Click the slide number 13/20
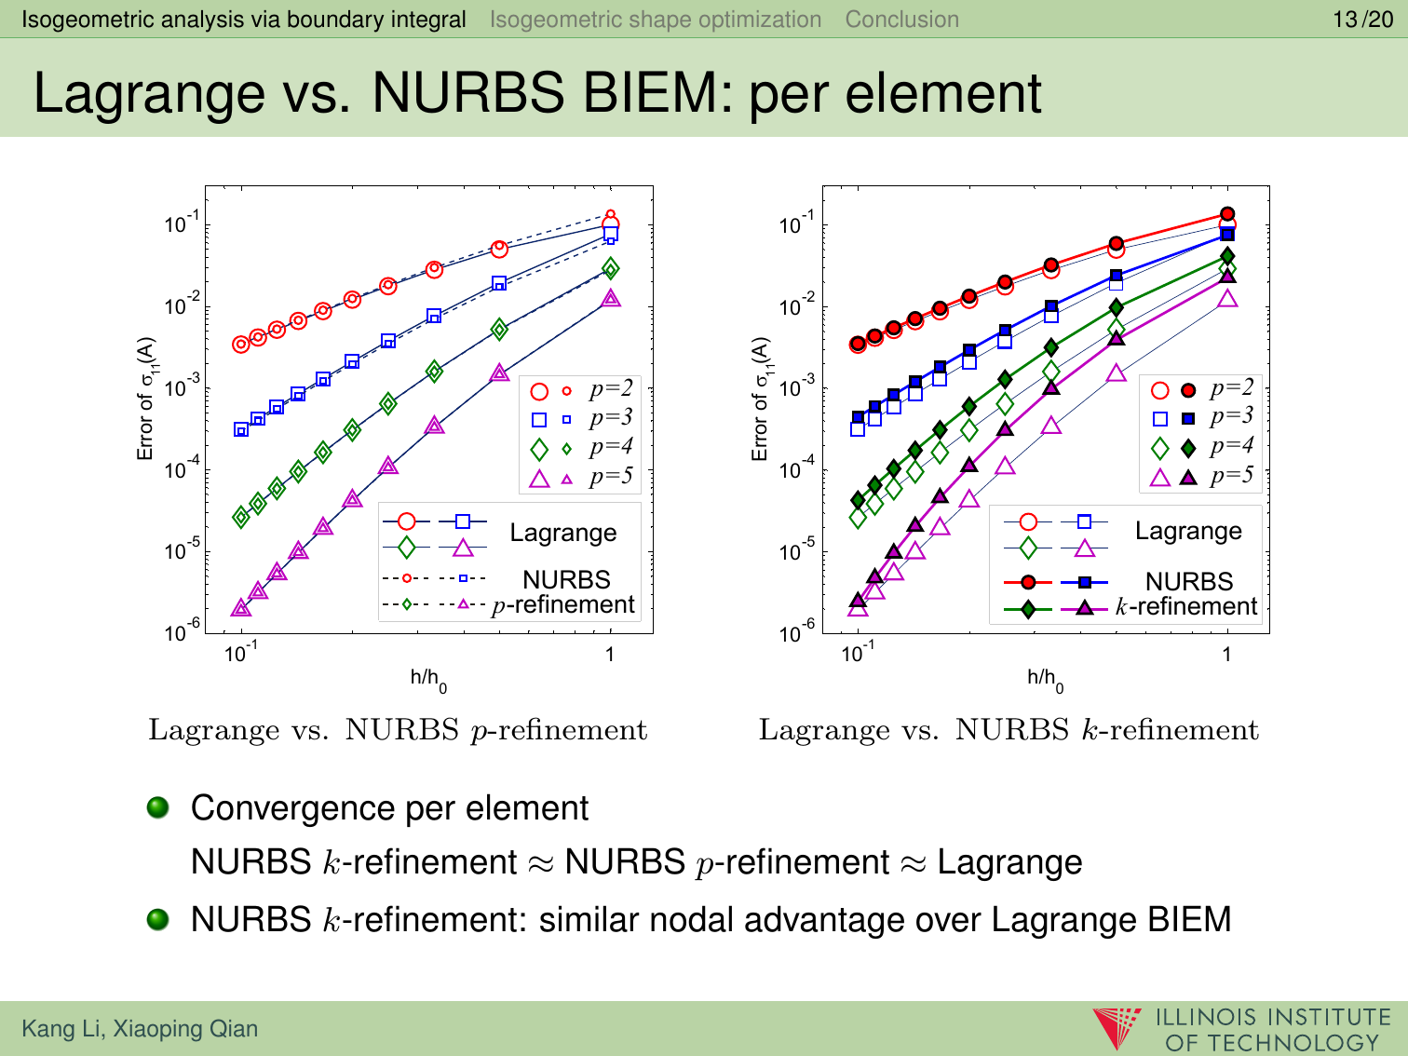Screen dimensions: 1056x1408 click(1362, 20)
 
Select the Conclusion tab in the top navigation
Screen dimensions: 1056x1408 click(901, 20)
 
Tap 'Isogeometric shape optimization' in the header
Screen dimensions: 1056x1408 click(656, 20)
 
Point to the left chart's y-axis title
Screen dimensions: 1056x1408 click(147, 399)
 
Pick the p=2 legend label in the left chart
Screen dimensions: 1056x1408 click(611, 388)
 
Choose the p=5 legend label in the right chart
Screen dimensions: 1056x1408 click(1231, 476)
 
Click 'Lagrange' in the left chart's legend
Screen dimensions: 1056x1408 click(563, 533)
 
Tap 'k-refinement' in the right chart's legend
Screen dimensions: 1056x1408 click(1186, 607)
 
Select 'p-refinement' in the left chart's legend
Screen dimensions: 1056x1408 click(563, 605)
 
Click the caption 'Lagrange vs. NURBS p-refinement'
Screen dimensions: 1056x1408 click(398, 730)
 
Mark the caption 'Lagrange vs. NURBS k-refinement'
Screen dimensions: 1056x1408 click(1009, 730)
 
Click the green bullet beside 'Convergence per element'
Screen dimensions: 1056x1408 click(158, 806)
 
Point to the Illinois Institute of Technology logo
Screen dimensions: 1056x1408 click(1244, 1028)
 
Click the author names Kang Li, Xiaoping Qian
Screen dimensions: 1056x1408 click(140, 1029)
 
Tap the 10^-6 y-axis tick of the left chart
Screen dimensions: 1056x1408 click(182, 631)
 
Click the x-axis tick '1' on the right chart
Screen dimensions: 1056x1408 click(1226, 655)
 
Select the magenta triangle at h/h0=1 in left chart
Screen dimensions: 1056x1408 click(611, 298)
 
